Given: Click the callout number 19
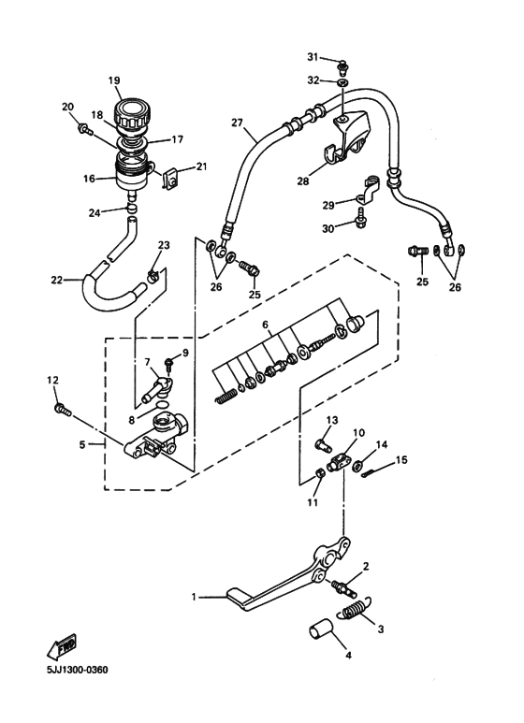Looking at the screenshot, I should click(x=113, y=81).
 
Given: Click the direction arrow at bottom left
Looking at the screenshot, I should click(x=61, y=645).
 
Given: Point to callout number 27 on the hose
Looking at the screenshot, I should click(x=237, y=122).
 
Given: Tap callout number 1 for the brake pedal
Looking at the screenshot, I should click(x=195, y=596).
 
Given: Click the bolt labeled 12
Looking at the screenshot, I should click(x=63, y=408).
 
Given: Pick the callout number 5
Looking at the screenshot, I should click(x=81, y=445).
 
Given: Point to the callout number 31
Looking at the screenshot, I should click(x=313, y=57).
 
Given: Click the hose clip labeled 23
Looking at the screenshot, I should click(x=152, y=274).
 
